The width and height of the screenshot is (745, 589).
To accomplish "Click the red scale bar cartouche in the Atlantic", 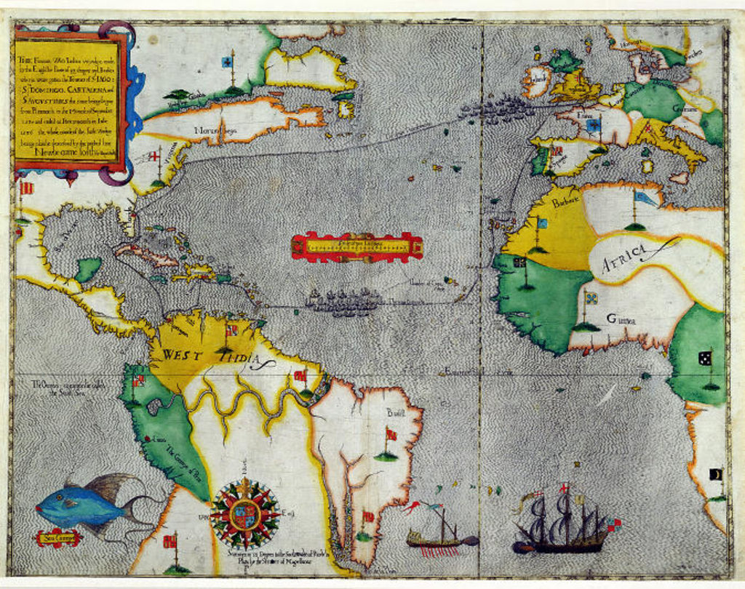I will [x=356, y=247].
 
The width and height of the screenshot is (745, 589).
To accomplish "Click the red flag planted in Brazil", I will [x=391, y=435].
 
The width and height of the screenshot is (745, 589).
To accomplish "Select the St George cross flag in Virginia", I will [x=154, y=156].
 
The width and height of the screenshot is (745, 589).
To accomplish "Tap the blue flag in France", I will [x=594, y=125].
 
